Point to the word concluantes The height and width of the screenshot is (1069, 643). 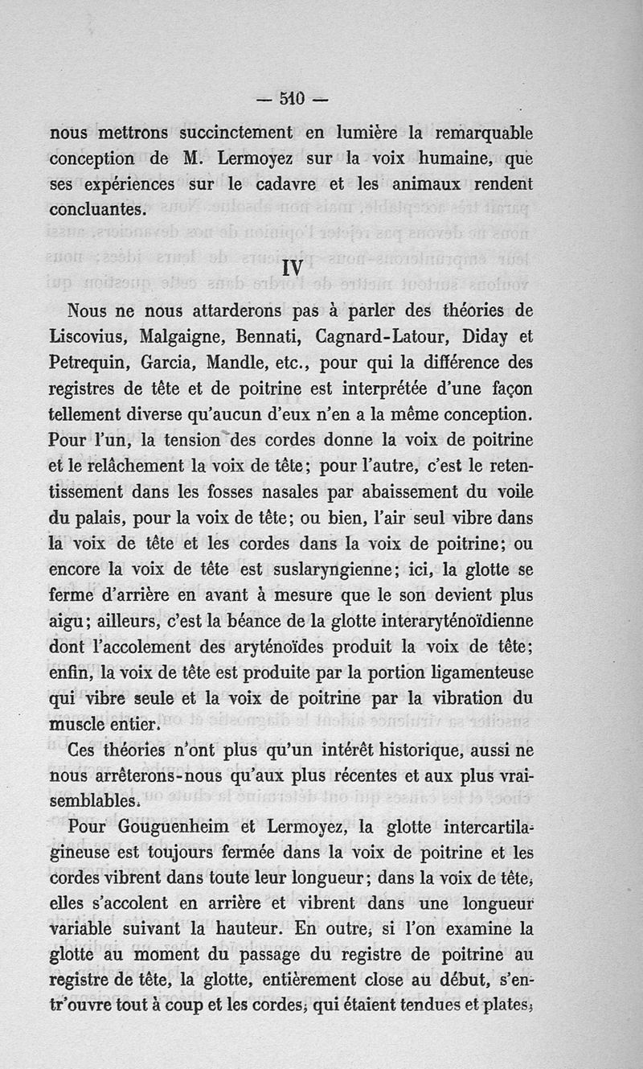pos(97,209)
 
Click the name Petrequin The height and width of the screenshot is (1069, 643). pos(89,362)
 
